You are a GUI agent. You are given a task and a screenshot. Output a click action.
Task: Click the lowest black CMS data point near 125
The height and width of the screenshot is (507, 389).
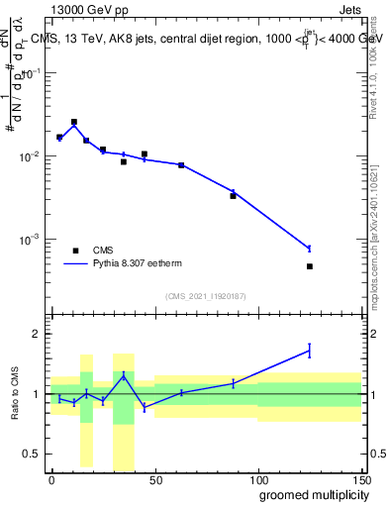tap(310, 266)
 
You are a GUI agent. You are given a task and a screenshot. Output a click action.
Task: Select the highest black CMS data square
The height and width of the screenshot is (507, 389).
tap(74, 122)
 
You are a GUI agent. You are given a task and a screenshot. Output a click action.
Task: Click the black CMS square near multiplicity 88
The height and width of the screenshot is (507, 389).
tap(233, 196)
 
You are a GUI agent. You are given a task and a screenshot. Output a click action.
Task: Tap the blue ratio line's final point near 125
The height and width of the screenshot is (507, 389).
tap(310, 350)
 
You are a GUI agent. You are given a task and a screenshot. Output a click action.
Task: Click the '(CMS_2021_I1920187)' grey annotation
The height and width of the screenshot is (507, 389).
tap(205, 295)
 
